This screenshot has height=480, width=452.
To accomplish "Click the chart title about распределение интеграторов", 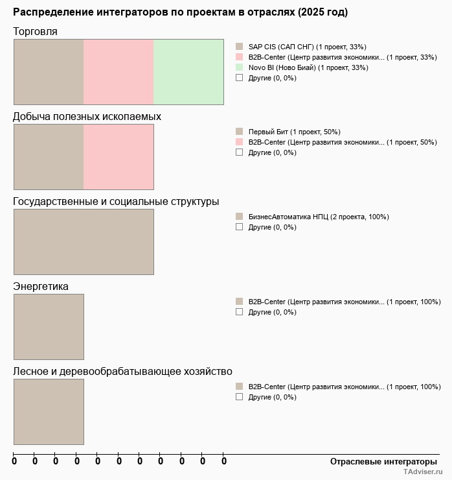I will click(180, 12).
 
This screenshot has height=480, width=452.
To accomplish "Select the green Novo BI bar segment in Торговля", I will click(188, 71).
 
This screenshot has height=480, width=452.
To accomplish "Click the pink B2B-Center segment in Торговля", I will click(119, 71).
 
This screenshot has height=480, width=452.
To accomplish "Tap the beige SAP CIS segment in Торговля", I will click(49, 71).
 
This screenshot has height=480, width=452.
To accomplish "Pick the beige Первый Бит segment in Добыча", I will click(49, 156).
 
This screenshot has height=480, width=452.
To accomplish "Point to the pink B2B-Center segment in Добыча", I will click(119, 156).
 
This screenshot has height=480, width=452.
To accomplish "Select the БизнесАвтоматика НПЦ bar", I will click(84, 241).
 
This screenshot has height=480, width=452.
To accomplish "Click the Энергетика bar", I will click(49, 326).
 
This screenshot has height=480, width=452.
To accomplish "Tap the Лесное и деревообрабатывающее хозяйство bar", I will click(49, 411).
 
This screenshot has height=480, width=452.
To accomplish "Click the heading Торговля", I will click(35, 32).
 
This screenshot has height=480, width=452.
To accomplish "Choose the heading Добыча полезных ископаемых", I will click(87, 117).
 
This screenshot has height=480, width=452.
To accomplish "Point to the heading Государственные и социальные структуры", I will click(116, 202).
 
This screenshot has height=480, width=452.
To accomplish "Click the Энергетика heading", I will click(41, 287).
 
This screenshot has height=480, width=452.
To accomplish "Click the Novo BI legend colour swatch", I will click(239, 67).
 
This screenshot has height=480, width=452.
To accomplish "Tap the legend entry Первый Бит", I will click(294, 132).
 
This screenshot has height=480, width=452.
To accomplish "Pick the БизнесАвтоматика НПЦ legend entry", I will click(319, 217).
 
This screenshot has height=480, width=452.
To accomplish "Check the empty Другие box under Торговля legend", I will click(239, 78).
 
